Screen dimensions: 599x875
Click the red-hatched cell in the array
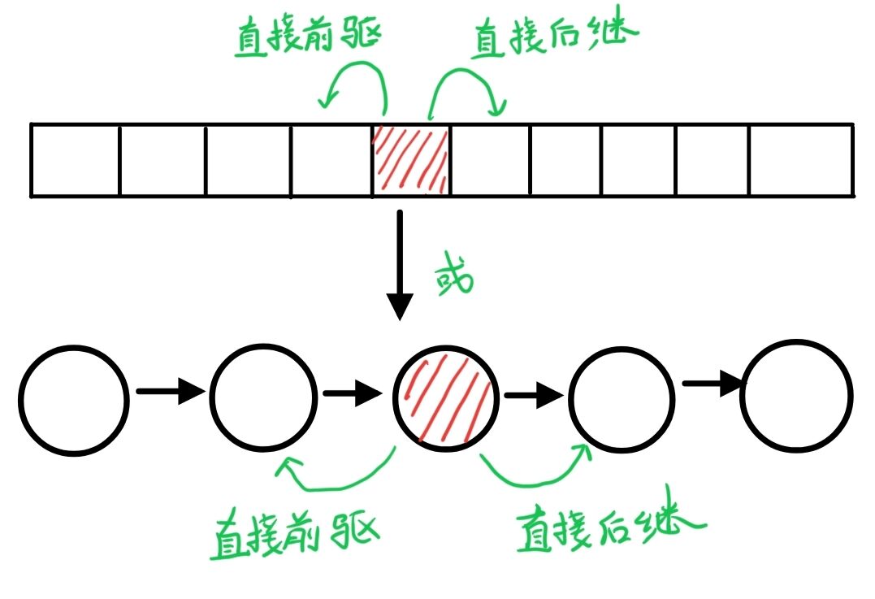tap(409, 160)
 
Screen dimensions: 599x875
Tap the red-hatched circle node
tap(445, 398)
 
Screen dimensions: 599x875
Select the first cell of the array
tap(75, 160)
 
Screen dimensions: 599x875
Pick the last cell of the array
tap(800, 160)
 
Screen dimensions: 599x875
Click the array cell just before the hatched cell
tap(331, 160)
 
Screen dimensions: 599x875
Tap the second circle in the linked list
tap(263, 397)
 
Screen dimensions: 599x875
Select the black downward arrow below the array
tap(400, 264)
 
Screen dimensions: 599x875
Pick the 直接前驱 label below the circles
tap(296, 532)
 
